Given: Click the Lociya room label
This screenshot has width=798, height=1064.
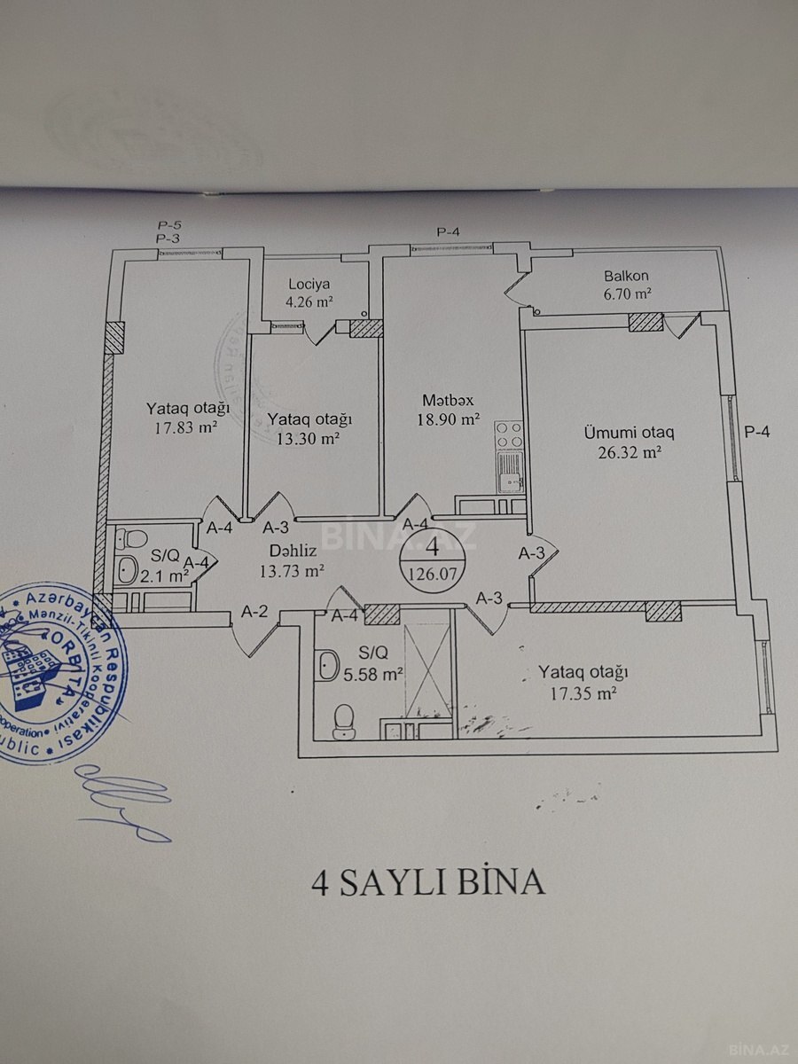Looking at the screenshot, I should pyautogui.click(x=309, y=285).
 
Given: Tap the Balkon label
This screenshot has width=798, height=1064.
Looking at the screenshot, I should pyautogui.click(x=627, y=276).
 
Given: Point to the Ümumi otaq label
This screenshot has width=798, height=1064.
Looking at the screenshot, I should pyautogui.click(x=629, y=433).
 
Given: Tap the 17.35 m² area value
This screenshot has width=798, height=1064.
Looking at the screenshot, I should pyautogui.click(x=583, y=693).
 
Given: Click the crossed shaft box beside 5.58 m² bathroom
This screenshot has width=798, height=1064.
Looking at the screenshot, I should pyautogui.click(x=427, y=674).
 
